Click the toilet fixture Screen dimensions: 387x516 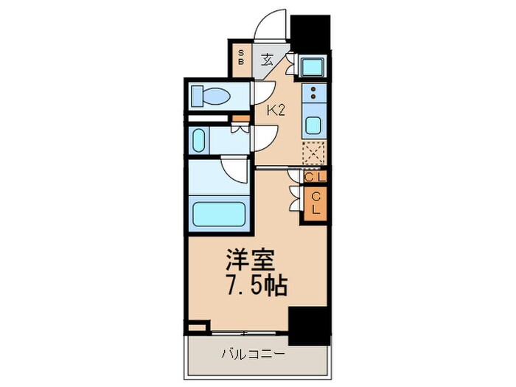210,94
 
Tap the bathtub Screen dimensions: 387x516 218,212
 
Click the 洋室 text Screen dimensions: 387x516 250,262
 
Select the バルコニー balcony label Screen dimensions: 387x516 253,354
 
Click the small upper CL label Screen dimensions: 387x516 315,176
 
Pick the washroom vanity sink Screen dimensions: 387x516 200,139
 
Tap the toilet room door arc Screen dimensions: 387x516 262,92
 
